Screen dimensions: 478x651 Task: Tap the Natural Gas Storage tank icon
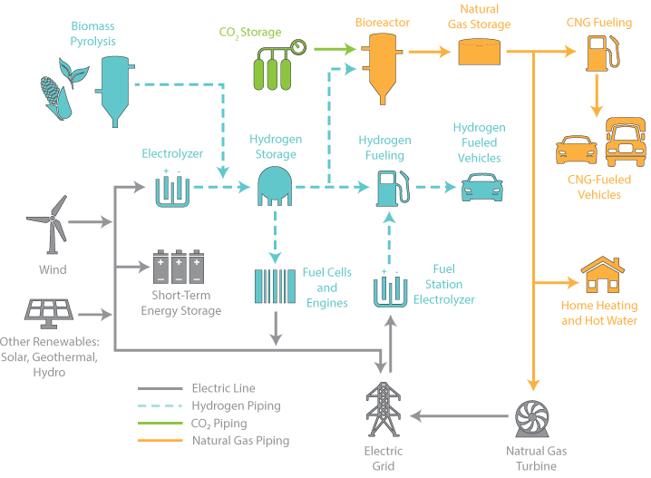tap(479, 53)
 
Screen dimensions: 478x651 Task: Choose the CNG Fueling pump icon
tap(598, 54)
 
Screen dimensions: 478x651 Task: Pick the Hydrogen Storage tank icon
tap(276, 186)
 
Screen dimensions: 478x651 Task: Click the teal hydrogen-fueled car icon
tap(481, 187)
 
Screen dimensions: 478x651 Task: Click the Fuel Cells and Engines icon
tap(274, 286)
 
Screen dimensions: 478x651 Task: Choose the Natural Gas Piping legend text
tap(241, 441)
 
